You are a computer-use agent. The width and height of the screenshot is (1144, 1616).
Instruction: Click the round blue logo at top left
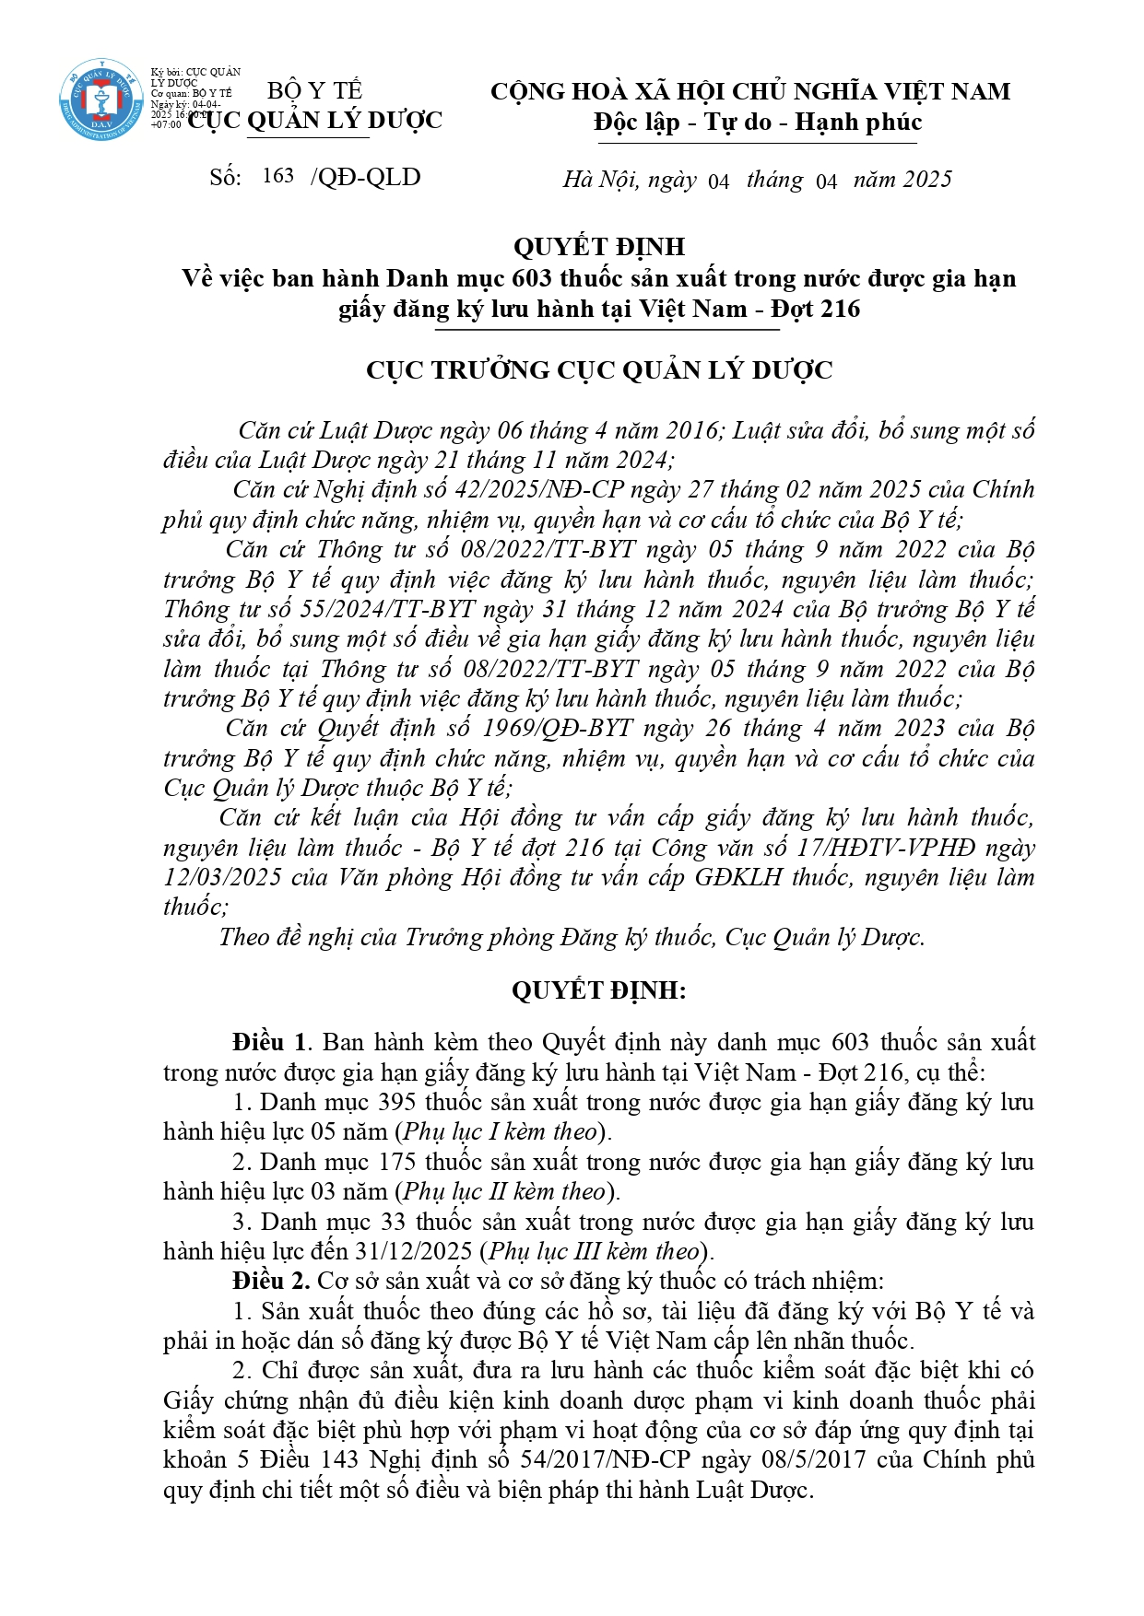101,100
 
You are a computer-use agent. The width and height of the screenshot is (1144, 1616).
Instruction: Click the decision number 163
277,176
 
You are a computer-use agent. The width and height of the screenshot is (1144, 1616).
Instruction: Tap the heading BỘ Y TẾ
314,90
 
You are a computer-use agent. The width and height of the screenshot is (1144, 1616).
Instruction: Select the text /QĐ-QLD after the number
366,177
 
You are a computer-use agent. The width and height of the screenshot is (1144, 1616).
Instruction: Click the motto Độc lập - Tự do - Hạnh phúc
757,122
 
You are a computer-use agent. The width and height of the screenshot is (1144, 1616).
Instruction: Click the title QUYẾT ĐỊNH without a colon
598,247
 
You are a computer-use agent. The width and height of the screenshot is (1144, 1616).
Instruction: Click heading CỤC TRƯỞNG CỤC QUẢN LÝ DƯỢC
598,369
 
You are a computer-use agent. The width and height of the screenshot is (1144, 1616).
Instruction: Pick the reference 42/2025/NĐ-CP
534,489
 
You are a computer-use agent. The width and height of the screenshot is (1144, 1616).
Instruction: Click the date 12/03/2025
222,876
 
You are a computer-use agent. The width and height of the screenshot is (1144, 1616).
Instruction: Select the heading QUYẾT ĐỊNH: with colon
598,990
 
